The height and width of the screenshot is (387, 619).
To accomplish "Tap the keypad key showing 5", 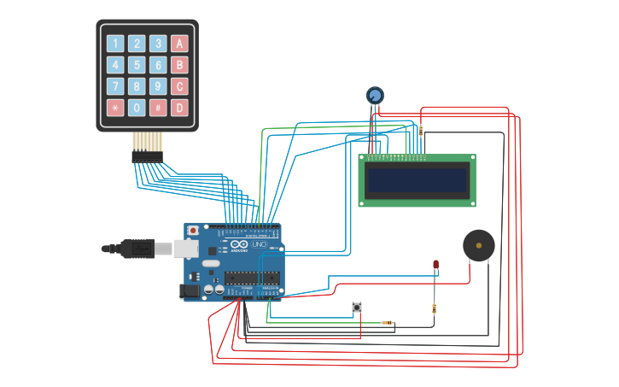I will pos(137,65).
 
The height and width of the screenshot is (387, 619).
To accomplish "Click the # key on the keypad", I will pos(158,108).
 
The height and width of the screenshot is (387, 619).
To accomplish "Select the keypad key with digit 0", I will pos(137,108).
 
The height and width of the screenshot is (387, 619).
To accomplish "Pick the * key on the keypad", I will pos(115,108).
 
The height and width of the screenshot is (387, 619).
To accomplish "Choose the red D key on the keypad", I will pos(179,108).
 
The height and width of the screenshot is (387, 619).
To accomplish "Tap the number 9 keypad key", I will pos(158,86).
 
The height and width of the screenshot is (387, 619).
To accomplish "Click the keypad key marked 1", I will pos(115,44).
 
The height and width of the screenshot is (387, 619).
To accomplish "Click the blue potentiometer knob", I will pos(375,95).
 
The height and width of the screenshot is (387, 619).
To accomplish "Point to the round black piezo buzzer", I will pos(478,246).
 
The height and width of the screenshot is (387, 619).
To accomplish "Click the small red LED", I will pos(435,265).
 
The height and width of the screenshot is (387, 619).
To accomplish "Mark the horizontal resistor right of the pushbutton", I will pos(388,322).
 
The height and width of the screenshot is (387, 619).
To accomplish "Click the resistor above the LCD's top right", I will pos(420,130).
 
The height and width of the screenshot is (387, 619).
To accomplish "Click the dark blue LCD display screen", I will pos(417,180).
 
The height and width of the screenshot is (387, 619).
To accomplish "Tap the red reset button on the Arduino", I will pos(193,231).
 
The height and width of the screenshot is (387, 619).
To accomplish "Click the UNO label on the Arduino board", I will pos(260,244).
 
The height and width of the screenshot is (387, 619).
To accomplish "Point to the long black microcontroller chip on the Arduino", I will pos(252,278).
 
